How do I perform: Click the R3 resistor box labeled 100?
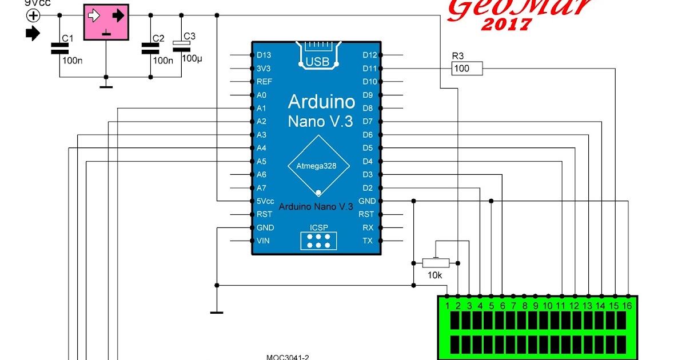[x=467, y=69]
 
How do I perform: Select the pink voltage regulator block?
[x=106, y=22]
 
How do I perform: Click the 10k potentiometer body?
[x=436, y=263]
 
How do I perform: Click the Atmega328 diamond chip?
[x=316, y=166]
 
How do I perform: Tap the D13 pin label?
[x=264, y=55]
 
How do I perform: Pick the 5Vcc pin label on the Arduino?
[x=265, y=201]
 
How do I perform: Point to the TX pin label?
[x=368, y=241]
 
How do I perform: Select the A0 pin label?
[x=262, y=95]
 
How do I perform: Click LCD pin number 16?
[x=627, y=306]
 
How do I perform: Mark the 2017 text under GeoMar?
[x=506, y=25]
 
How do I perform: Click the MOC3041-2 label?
[x=288, y=357]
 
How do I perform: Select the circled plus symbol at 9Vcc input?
[x=33, y=16]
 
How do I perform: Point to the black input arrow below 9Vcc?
[x=33, y=34]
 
